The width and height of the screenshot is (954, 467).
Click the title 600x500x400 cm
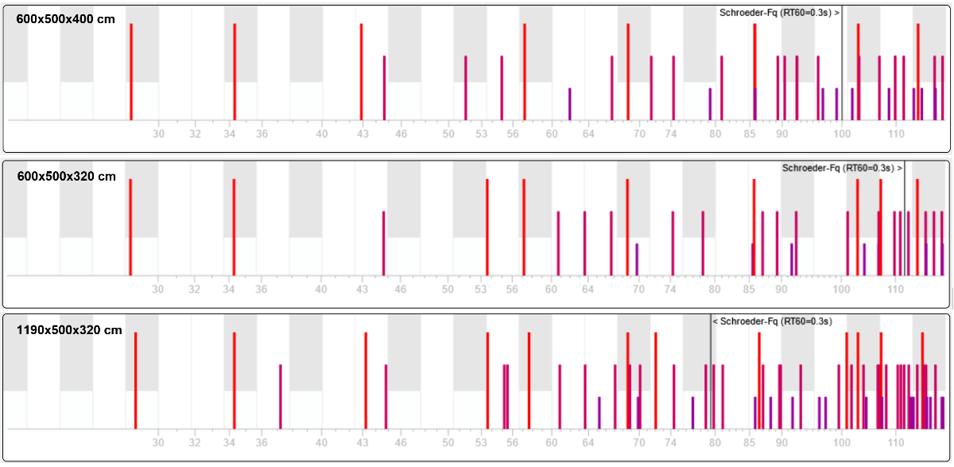66,19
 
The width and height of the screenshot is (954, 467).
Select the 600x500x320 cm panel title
66,176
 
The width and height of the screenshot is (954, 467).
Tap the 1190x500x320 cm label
69,330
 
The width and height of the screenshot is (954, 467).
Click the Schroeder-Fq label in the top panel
779,13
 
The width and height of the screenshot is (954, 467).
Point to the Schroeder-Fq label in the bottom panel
772,321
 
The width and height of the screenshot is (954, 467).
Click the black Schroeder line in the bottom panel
711,374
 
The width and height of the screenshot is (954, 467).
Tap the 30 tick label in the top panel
158,134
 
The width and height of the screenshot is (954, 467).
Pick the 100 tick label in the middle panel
842,290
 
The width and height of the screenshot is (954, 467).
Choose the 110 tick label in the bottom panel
895,443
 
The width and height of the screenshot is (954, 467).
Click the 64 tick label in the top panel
588,134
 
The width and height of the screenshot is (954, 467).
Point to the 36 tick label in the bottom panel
261,443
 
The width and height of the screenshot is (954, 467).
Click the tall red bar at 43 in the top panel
361,72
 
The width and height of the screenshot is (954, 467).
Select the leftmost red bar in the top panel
131,72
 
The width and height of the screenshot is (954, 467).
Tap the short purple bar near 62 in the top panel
570,104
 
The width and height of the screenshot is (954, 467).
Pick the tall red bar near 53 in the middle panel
487,227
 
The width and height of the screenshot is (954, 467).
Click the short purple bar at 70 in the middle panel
637,259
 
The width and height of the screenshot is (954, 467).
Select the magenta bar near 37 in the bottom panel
281,396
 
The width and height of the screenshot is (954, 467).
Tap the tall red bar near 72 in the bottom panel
656,380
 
